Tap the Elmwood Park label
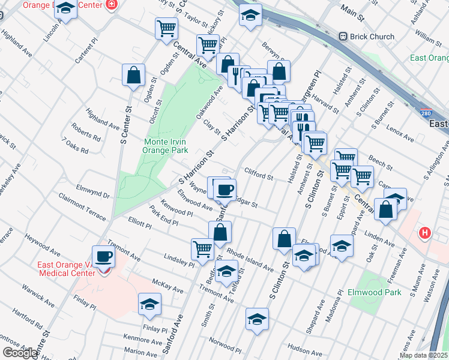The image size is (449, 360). [374, 293]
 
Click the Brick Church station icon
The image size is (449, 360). [343, 37]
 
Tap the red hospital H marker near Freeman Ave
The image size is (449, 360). [425, 233]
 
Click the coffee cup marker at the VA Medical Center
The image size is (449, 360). [104, 257]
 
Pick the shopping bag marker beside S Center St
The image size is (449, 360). [133, 76]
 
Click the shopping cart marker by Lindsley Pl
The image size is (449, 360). [202, 249]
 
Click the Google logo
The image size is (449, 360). [20, 353]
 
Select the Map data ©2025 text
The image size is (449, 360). [423, 355]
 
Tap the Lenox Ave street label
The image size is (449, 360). [400, 133]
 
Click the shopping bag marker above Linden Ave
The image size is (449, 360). [387, 209]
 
